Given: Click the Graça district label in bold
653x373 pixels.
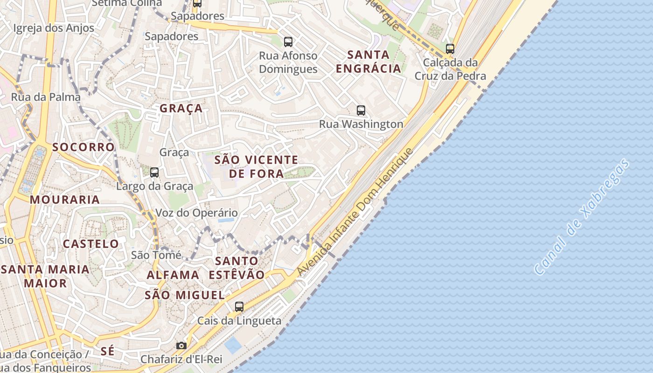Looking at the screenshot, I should click(x=181, y=109).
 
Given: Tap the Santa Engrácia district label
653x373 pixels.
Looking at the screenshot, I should click(x=368, y=62).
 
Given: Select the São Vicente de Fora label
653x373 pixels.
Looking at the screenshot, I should click(x=256, y=167).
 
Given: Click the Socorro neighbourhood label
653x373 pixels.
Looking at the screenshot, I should click(x=83, y=147).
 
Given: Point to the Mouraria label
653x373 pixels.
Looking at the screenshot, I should click(x=65, y=200).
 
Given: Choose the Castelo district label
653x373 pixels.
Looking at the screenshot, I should click(x=91, y=244).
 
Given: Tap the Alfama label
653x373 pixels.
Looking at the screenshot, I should click(x=173, y=275).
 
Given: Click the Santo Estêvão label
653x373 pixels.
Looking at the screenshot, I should click(x=236, y=268).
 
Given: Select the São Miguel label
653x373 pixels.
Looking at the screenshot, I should click(x=185, y=295).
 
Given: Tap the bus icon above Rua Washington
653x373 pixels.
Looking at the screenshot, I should click(x=361, y=111).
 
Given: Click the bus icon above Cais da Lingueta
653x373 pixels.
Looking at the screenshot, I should click(x=239, y=307).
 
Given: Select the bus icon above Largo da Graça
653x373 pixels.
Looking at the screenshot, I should click(x=154, y=173).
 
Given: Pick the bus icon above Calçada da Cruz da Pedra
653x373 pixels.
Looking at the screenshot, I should click(x=450, y=48).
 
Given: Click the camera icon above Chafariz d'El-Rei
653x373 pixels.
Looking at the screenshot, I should click(x=181, y=345).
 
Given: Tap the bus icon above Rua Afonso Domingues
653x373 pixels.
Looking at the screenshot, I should click(x=288, y=42).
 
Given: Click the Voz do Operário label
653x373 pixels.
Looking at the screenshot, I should click(x=196, y=213).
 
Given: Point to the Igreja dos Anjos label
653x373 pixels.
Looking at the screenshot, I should click(x=54, y=28).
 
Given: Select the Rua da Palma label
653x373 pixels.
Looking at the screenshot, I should click(x=46, y=97).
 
